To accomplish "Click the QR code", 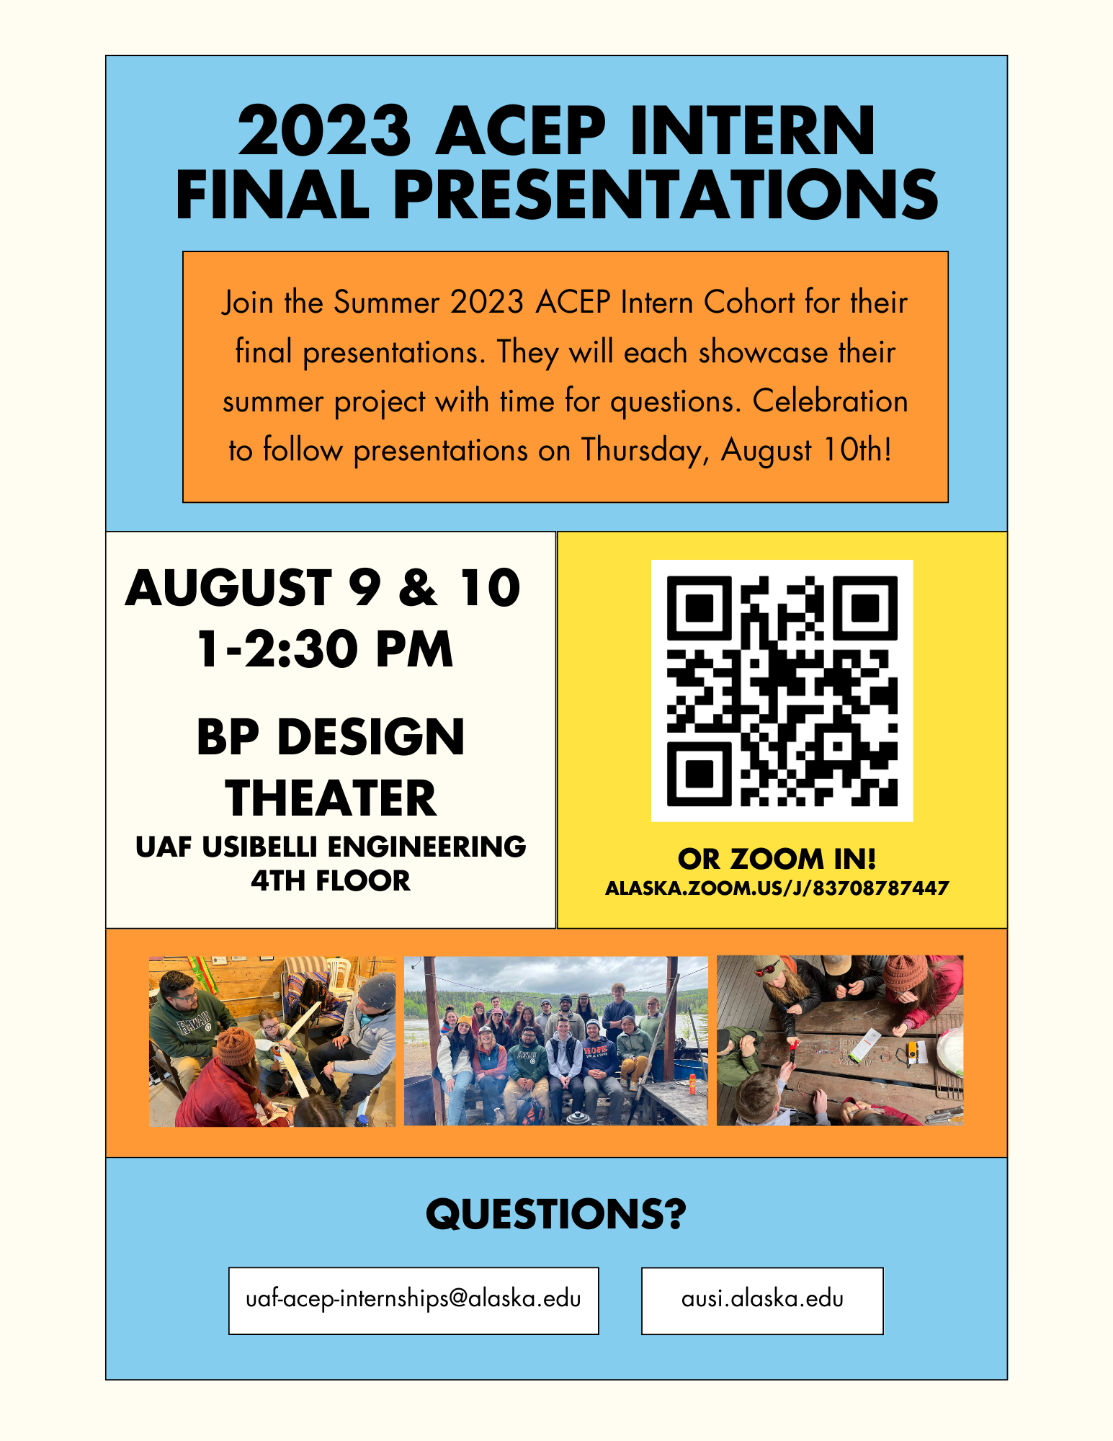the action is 782,690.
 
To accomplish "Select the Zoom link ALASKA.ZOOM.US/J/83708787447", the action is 777,888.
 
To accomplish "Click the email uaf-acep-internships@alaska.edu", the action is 414,1300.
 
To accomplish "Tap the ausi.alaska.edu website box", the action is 762,1300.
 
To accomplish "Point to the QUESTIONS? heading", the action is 556,1214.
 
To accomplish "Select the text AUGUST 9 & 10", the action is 323,587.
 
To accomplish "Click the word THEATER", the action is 331,798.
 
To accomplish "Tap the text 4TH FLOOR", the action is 331,880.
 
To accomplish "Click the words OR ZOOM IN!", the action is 777,859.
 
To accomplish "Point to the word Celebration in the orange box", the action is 830,401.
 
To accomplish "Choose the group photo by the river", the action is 556,1040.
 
